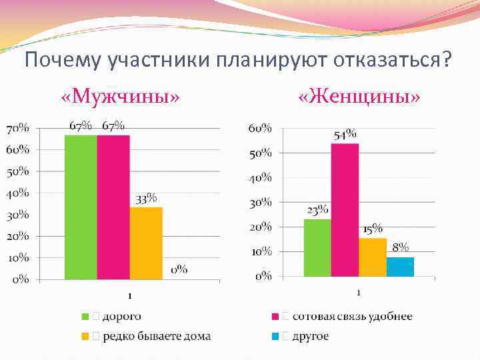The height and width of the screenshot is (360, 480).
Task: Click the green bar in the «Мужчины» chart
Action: [x=81, y=207]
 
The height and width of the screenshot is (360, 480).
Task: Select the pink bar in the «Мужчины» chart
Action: [x=113, y=207]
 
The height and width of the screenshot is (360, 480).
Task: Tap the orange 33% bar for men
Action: [x=146, y=243]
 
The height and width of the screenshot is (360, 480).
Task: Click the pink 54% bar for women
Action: [x=345, y=209]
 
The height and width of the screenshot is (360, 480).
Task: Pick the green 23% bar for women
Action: [x=317, y=247]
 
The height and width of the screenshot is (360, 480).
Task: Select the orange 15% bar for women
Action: [x=373, y=257]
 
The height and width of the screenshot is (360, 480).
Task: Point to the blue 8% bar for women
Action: [x=400, y=267]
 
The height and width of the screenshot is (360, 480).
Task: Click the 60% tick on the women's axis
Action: [x=260, y=128]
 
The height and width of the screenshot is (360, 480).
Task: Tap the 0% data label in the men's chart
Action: [x=179, y=270]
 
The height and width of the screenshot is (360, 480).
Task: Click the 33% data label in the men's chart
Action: [x=147, y=199]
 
